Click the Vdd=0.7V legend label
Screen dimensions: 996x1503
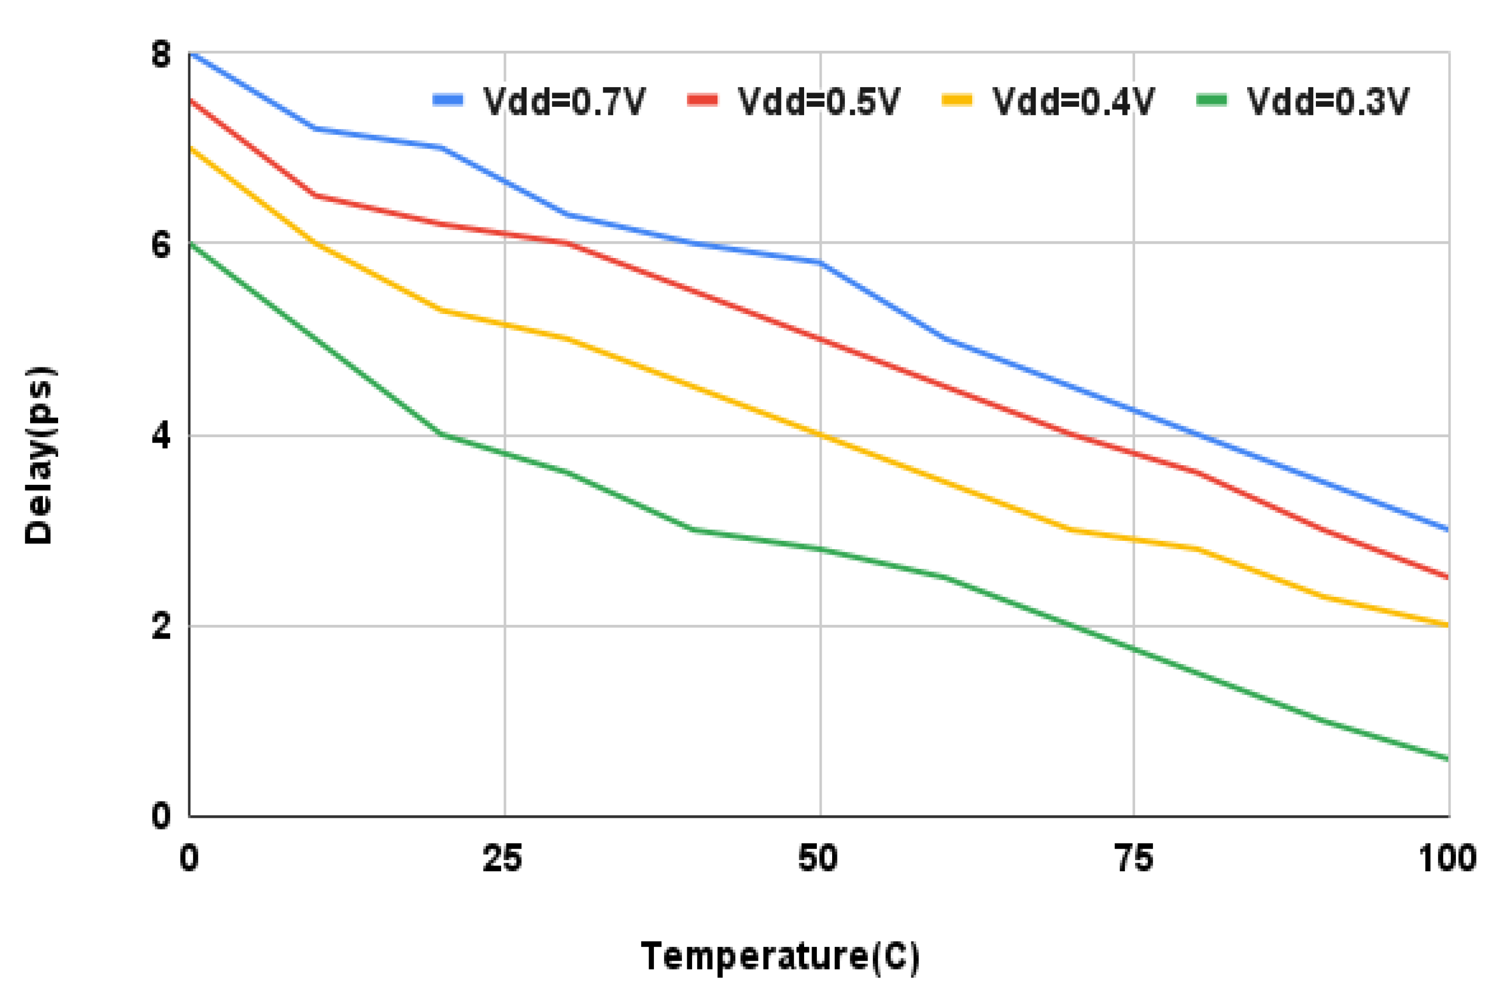(x=564, y=102)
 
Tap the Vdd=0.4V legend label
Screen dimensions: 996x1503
(x=1073, y=102)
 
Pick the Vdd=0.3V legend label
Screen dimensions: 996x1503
(x=1327, y=102)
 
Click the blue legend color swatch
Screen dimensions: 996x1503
(x=448, y=100)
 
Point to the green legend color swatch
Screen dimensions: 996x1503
(x=1211, y=100)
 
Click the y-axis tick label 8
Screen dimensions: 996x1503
(x=161, y=54)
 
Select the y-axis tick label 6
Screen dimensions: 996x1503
(x=161, y=245)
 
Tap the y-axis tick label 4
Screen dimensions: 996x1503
(x=161, y=436)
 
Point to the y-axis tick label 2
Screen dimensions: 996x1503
(x=161, y=627)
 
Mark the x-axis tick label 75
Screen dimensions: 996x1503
(x=1134, y=859)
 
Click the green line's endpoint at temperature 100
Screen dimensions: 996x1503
(x=1447, y=759)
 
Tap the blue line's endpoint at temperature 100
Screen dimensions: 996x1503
(x=1447, y=530)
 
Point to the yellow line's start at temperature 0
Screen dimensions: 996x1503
(x=190, y=147)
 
